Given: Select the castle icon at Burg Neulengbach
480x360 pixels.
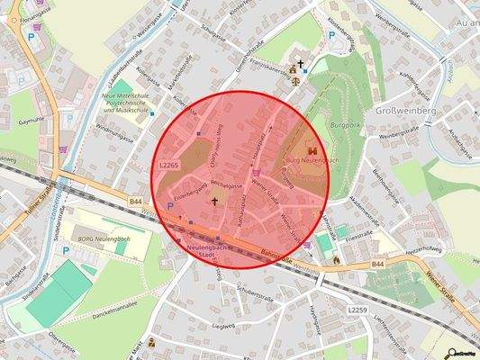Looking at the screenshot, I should pyautogui.click(x=312, y=150).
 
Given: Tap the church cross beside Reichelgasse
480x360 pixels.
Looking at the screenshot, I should pyautogui.click(x=214, y=200).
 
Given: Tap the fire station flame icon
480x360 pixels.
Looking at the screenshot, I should pyautogui.click(x=335, y=259).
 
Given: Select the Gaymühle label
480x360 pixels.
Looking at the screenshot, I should pyautogui.click(x=32, y=119).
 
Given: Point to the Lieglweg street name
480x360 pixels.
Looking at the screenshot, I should pyautogui.click(x=222, y=327).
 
